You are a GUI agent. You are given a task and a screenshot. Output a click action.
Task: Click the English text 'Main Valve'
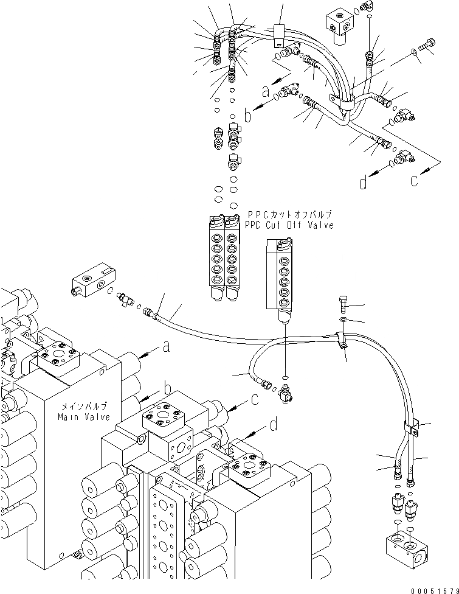click(84, 417)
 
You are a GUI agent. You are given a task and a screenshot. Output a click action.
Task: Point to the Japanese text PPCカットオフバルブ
click(290, 215)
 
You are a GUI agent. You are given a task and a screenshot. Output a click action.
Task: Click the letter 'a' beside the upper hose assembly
click(264, 91)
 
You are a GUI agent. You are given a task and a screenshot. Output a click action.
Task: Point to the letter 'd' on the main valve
click(274, 424)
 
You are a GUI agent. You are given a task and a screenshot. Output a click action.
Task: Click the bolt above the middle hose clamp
click(343, 302)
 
